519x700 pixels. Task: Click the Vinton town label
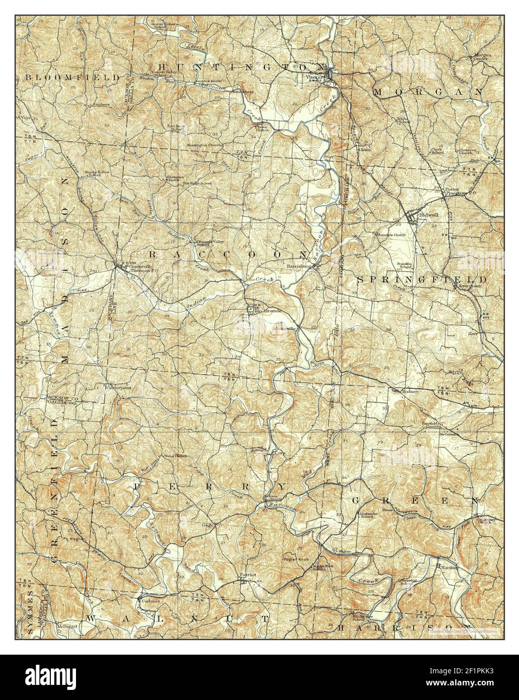pyautogui.click(x=314, y=77)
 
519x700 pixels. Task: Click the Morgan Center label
pyautogui.click(x=480, y=56)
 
